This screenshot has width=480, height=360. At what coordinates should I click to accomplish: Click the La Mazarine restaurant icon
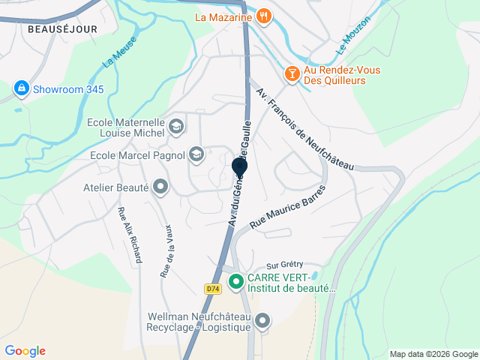tap(263, 16)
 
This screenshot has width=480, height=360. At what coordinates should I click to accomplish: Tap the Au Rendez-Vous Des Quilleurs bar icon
tap(291, 73)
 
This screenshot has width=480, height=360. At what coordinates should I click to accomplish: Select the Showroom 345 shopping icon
tap(21, 89)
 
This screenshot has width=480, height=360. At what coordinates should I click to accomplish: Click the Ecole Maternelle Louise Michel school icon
tap(177, 126)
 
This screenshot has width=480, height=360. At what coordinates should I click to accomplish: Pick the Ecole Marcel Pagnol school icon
tap(196, 155)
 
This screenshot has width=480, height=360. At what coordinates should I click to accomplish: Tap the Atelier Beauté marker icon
tap(160, 187)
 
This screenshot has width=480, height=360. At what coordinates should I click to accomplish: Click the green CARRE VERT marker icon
tap(235, 282)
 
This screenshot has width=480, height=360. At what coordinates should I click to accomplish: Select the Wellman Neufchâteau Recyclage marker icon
tap(262, 322)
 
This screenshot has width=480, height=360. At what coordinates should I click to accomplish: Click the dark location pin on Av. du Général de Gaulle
tap(239, 168)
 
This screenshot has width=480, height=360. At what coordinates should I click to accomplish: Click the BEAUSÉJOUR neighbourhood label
tap(53, 28)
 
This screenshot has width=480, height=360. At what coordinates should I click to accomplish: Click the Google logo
tap(25, 351)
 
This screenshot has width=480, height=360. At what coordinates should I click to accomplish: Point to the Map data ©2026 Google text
tap(433, 354)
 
